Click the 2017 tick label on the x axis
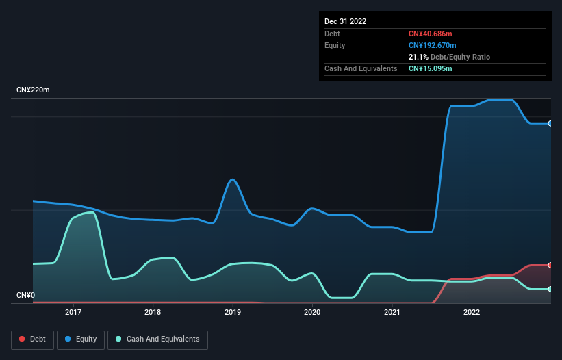73,312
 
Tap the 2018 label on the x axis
153,312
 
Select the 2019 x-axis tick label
232,312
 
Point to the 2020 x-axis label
312,312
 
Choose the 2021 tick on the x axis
392,312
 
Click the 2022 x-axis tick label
471,312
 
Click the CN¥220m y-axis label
33,90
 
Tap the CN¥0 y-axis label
26,296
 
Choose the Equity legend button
81,339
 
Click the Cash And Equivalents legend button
157,339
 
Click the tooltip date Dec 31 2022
346,21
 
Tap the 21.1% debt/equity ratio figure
419,57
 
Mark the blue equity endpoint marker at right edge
550,123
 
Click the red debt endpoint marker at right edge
550,265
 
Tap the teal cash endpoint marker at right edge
550,289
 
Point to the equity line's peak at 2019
233,179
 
